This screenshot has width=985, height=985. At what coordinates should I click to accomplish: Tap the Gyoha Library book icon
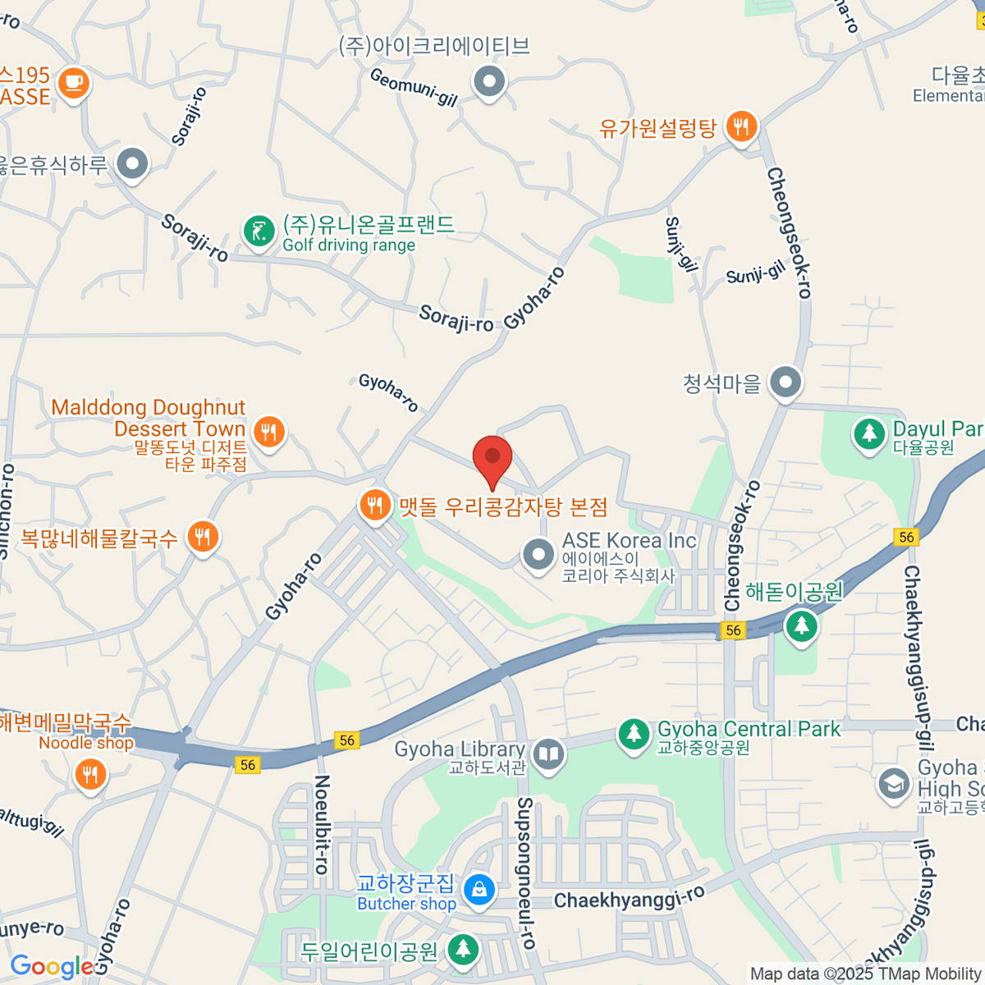(x=548, y=754)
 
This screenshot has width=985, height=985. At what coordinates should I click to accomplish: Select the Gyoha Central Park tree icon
(x=633, y=733)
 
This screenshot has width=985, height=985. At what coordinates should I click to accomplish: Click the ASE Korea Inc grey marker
(x=538, y=554)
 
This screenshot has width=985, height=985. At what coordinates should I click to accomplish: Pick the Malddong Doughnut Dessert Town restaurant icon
(x=268, y=430)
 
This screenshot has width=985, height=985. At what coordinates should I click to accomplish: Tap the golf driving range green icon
(x=259, y=231)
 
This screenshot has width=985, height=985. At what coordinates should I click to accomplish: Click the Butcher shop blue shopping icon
(x=479, y=888)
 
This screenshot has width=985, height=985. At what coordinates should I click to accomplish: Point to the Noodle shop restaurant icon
(x=89, y=774)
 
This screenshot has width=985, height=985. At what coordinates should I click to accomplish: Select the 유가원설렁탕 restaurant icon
(x=741, y=126)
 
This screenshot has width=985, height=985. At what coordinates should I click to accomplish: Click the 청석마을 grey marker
(x=786, y=382)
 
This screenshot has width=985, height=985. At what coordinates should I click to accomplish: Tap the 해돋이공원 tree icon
(x=801, y=626)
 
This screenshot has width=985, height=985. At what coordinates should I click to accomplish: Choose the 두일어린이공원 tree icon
(x=463, y=950)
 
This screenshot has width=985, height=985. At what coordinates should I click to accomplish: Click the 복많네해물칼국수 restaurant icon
(x=202, y=537)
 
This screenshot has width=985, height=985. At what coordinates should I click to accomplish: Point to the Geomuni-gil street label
(x=413, y=87)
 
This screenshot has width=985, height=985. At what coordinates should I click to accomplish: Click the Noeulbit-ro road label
(x=323, y=824)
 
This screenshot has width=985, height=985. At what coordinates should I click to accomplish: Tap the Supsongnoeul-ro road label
(x=525, y=873)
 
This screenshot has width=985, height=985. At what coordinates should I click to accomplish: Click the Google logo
(x=51, y=967)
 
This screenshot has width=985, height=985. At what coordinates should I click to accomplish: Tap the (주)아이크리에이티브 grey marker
(x=490, y=81)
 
